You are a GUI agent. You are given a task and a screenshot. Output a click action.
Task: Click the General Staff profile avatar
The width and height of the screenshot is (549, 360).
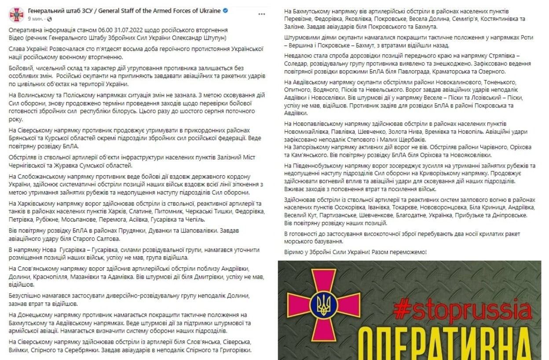click(16, 15)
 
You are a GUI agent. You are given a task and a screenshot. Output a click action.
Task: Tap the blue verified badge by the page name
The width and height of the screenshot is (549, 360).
click(225, 11)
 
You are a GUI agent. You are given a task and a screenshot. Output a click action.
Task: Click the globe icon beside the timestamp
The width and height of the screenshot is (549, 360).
click(48, 19)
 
